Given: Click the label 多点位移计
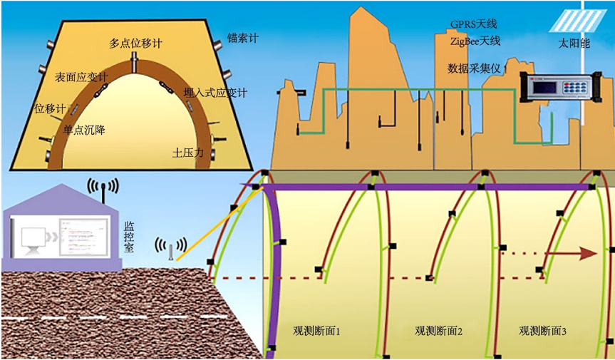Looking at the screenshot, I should pos(135,43).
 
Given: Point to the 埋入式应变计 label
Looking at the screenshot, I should pos(215,93).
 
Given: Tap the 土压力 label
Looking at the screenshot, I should pos(188,153).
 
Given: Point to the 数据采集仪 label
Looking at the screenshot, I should pos(476,69).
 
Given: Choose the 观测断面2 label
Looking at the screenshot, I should pos(439,331).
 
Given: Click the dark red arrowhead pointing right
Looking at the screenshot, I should pos(587,253).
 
